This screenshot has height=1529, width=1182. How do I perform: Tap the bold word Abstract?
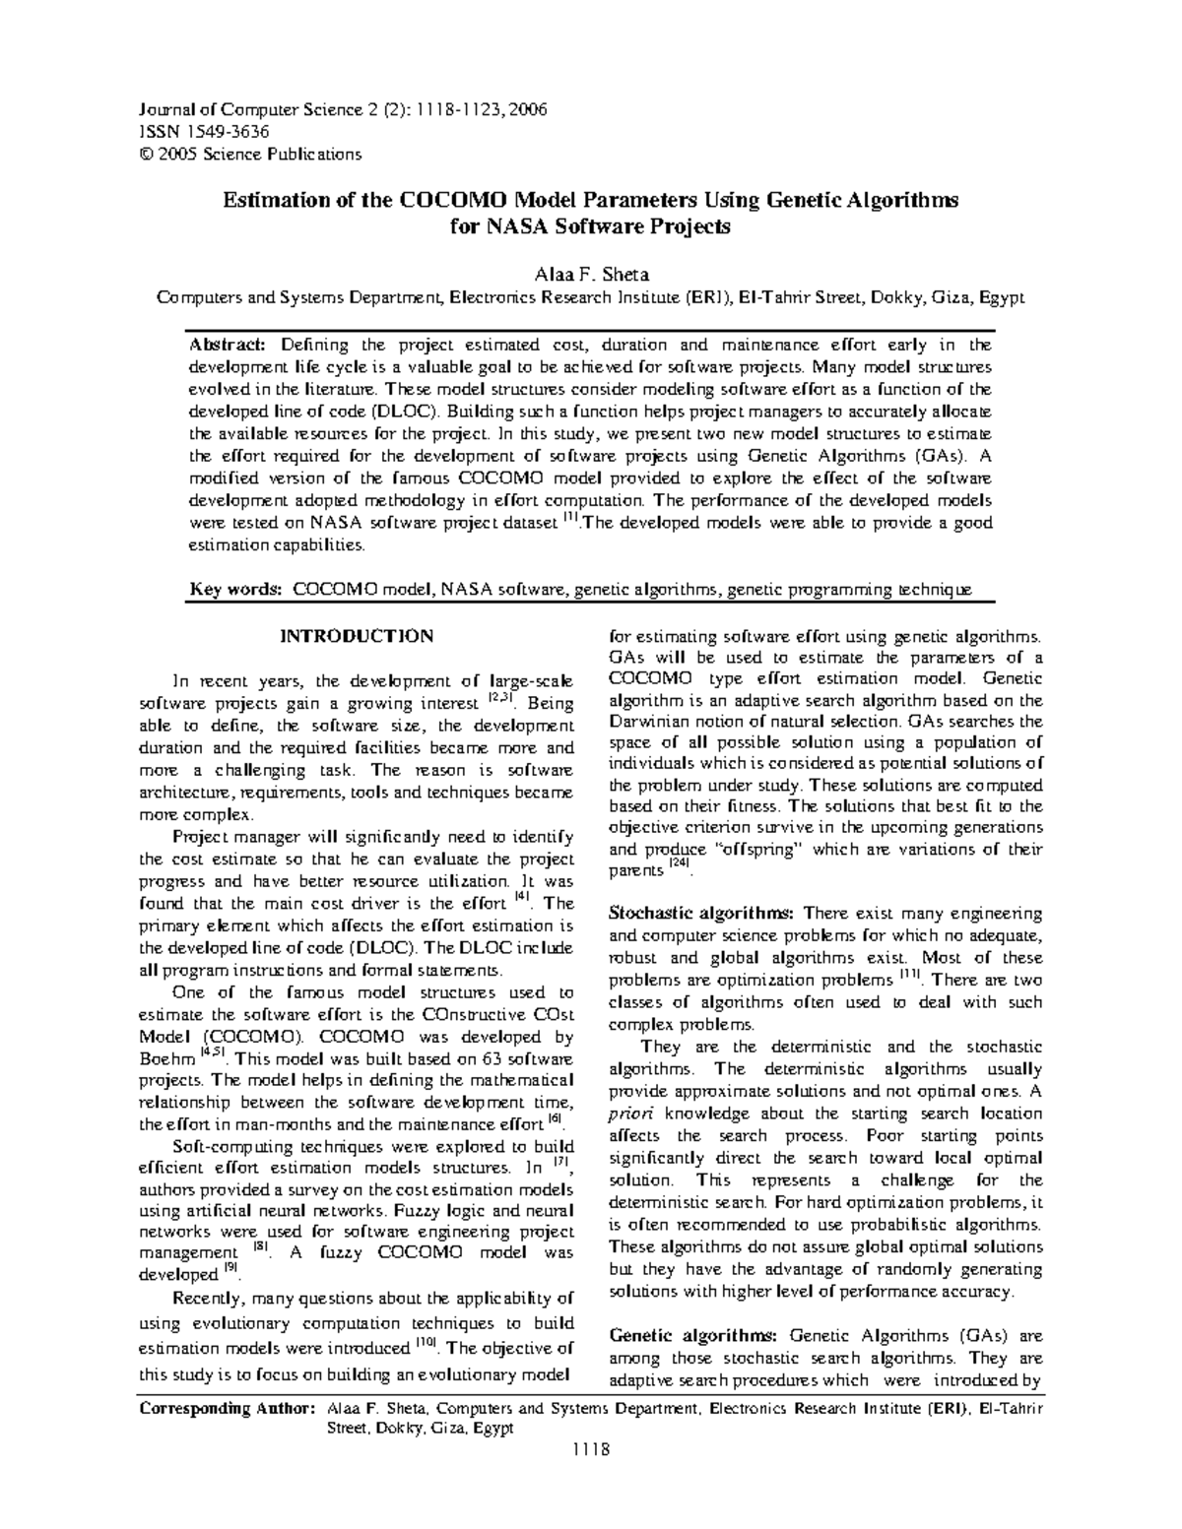[x=228, y=345]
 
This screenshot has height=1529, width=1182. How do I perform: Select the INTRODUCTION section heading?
[x=357, y=636]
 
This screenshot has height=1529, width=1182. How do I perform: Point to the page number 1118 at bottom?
[x=590, y=1450]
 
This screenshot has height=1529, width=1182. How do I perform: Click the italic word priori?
[x=628, y=1114]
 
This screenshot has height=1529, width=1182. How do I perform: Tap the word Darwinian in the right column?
[x=647, y=722]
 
